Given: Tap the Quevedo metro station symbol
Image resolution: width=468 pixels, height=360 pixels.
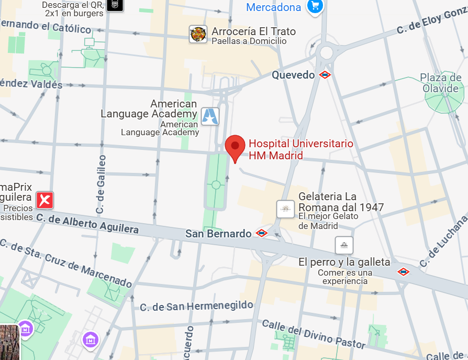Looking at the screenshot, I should (x=325, y=75).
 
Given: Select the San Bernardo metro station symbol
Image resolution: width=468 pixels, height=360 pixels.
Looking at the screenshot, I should (x=261, y=233).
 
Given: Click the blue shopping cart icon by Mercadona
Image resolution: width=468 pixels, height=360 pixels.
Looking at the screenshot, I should (x=315, y=7).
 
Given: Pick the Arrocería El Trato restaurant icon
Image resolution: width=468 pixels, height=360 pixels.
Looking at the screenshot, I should (x=198, y=34).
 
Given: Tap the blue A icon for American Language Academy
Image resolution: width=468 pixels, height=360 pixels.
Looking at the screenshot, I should (x=210, y=116).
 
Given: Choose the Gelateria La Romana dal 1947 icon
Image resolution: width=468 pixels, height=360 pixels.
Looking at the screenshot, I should (x=285, y=209).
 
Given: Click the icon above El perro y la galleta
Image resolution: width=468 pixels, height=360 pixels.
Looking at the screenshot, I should (x=344, y=245).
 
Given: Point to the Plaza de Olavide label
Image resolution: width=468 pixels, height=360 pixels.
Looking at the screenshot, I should (x=441, y=83).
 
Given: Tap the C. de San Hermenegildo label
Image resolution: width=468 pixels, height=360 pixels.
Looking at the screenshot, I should (x=196, y=306).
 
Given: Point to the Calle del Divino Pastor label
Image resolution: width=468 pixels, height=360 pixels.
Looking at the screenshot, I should (x=313, y=334).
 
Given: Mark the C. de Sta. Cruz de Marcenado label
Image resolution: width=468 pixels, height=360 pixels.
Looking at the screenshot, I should (x=66, y=264).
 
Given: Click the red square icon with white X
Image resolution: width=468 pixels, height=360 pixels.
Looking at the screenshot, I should (x=44, y=200).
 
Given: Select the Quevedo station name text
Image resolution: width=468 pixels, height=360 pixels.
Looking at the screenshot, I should (x=293, y=75).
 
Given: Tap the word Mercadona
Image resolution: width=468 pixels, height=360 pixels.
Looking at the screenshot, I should (x=274, y=7).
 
